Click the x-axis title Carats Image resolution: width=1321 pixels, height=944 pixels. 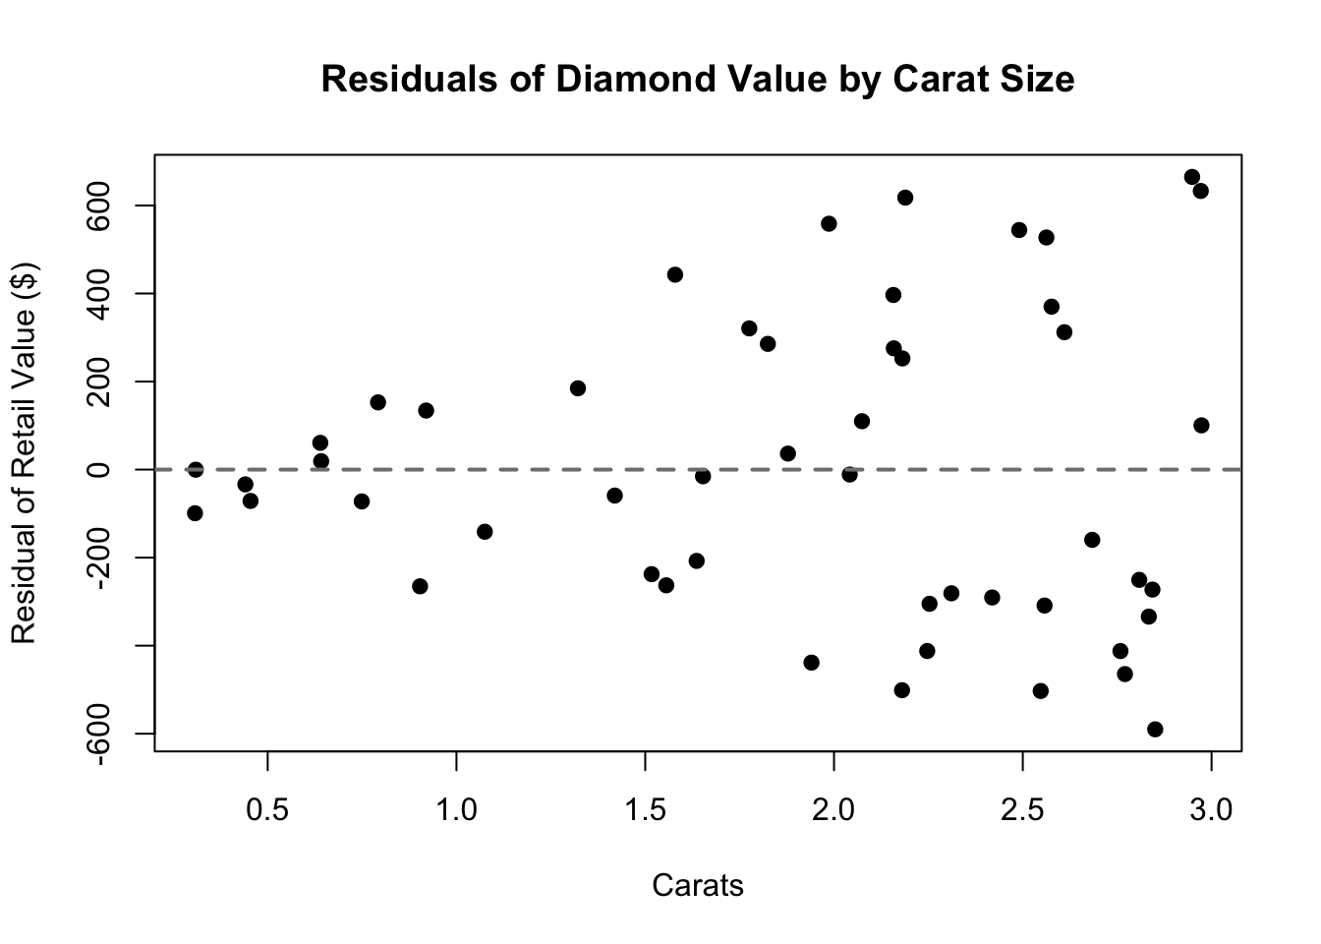698,886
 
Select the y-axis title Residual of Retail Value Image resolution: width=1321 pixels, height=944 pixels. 24,452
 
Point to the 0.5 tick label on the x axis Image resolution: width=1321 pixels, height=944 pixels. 267,811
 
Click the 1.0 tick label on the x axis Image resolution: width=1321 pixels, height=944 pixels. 456,811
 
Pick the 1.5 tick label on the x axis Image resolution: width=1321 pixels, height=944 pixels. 645,811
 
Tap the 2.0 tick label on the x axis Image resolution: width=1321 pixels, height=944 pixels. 833,811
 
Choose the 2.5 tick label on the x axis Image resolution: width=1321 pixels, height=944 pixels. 1022,811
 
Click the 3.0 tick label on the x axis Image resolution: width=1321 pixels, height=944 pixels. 1211,811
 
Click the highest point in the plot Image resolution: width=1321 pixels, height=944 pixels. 1191,177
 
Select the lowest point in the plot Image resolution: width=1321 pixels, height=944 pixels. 1155,730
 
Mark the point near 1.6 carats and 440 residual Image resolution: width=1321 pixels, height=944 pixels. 674,274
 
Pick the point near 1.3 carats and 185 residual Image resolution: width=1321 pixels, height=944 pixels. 577,388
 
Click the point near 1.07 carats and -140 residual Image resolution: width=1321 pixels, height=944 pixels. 484,532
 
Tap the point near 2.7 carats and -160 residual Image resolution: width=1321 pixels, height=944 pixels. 1091,540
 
